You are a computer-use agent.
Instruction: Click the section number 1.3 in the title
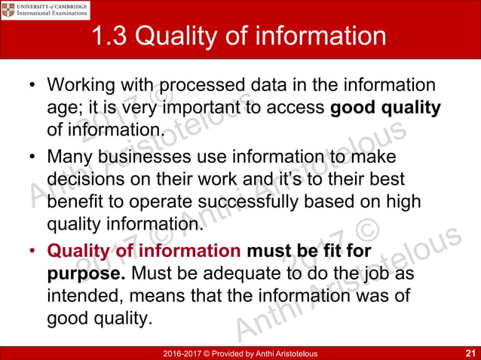click(x=111, y=36)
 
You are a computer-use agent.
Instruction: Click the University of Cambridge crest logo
click(x=11, y=10)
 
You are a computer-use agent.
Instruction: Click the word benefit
click(x=75, y=203)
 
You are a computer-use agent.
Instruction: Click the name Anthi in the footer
click(x=261, y=353)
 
